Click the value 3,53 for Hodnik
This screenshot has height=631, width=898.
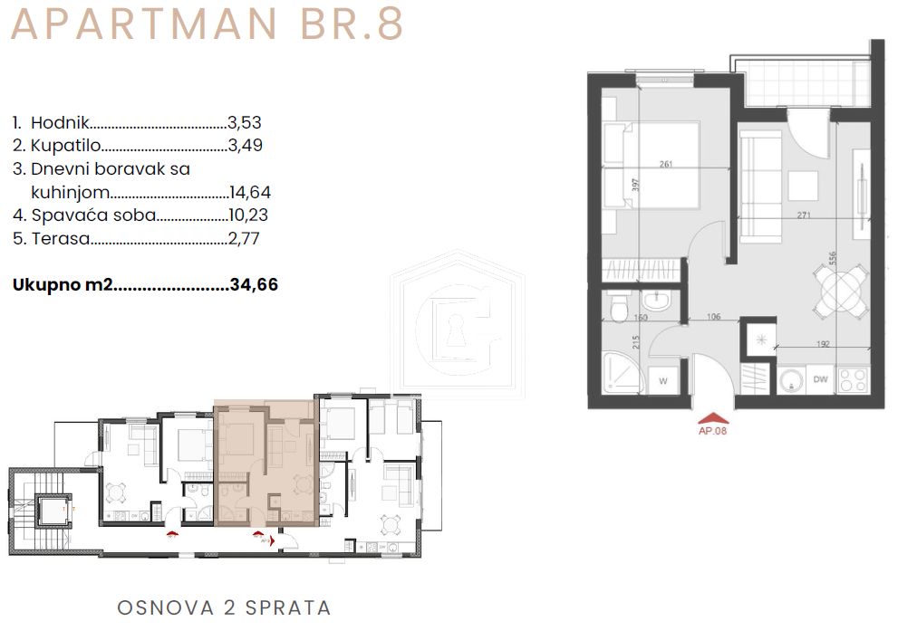pos(246,122)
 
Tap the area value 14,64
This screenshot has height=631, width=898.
pos(250,192)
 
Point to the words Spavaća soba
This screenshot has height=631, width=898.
pos(93,215)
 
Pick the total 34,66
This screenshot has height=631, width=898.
pos(254,284)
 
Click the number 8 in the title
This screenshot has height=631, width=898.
pos(390,24)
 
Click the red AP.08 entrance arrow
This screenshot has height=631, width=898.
pos(712,417)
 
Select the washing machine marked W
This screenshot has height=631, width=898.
pos(663,380)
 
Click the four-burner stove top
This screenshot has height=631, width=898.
pos(853,378)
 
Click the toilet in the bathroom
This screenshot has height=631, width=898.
pos(618,308)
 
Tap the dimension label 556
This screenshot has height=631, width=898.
pos(832,257)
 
